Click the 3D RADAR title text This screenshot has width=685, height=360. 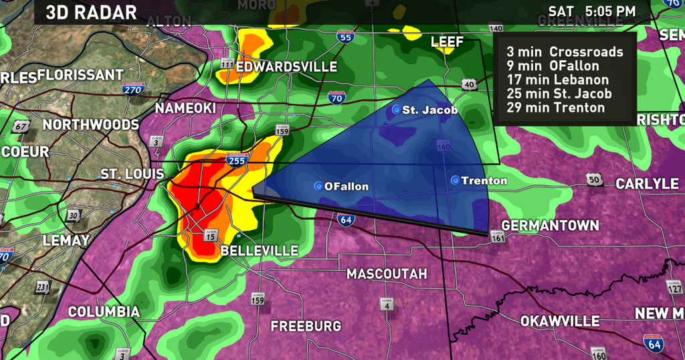[92, 12]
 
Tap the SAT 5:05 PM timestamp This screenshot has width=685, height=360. [591, 11]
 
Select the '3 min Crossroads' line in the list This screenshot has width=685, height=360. [565, 52]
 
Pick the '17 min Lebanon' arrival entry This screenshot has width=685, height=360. [558, 80]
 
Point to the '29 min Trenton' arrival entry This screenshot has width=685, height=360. [556, 108]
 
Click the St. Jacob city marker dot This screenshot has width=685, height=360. [396, 109]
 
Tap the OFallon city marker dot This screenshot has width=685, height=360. [318, 186]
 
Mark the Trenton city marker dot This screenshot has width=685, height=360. [455, 180]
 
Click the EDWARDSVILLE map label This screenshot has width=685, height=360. [286, 68]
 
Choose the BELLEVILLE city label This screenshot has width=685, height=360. [260, 251]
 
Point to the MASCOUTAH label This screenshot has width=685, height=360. [387, 274]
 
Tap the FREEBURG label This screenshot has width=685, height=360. [306, 327]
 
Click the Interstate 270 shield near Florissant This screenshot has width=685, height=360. [132, 90]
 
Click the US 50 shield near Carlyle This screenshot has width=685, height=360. [595, 179]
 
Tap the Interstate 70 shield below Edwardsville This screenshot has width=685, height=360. [337, 99]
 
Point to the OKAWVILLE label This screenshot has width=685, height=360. [560, 322]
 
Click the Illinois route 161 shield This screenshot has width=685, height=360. [498, 236]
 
